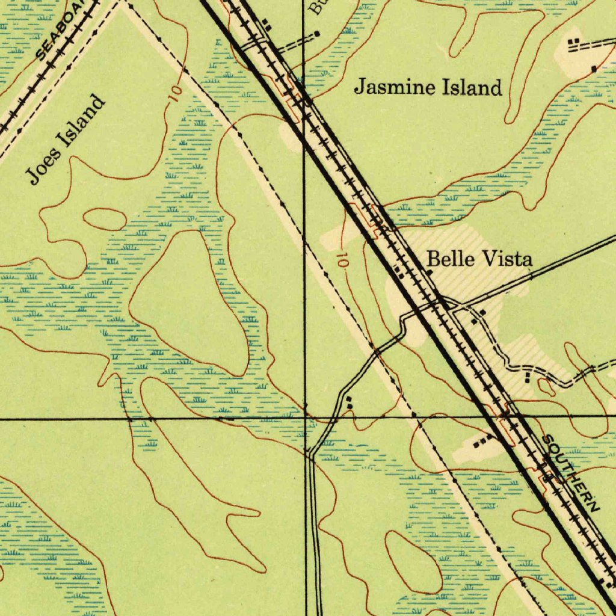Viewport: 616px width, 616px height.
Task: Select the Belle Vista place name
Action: (x=479, y=260)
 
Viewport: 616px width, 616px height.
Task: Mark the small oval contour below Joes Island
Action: (x=104, y=219)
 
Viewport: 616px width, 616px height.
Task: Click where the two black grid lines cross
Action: (x=305, y=416)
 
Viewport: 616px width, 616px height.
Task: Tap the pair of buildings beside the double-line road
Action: (x=350, y=403)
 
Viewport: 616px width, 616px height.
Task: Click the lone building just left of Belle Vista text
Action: (x=429, y=273)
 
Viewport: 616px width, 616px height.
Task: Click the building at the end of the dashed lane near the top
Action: (x=318, y=34)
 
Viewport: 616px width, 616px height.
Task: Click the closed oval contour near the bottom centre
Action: (x=412, y=562)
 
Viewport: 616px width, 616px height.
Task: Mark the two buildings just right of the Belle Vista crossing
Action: (x=478, y=316)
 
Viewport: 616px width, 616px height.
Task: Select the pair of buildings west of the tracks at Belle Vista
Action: (x=399, y=273)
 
